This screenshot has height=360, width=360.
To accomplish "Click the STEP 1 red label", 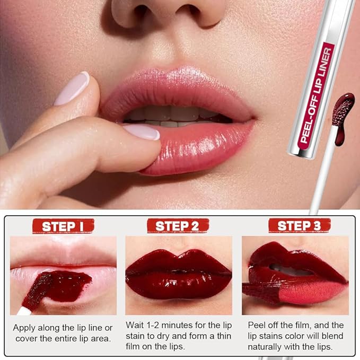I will pyautogui.click(x=63, y=226).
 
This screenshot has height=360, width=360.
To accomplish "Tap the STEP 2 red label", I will pyautogui.click(x=178, y=226).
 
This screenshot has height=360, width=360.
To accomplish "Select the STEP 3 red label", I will pyautogui.click(x=299, y=226).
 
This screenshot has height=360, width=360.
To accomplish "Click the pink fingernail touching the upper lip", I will pyautogui.click(x=71, y=88).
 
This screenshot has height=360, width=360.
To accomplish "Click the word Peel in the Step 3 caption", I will pyautogui.click(x=258, y=324).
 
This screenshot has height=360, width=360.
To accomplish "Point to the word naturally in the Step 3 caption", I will pyautogui.click(x=268, y=347).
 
